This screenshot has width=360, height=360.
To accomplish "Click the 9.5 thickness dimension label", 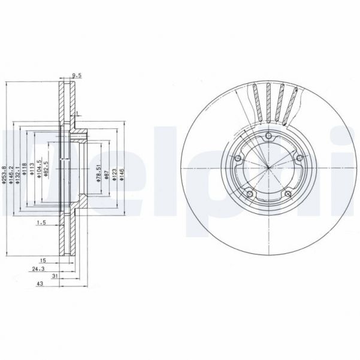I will (x=76, y=75).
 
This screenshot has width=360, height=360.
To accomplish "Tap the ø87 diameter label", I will (x=107, y=174).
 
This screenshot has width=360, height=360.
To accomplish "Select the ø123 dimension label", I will (x=114, y=174).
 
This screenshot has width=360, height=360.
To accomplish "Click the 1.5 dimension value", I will (x=41, y=223).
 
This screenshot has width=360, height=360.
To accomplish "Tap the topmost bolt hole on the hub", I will (x=268, y=137).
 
